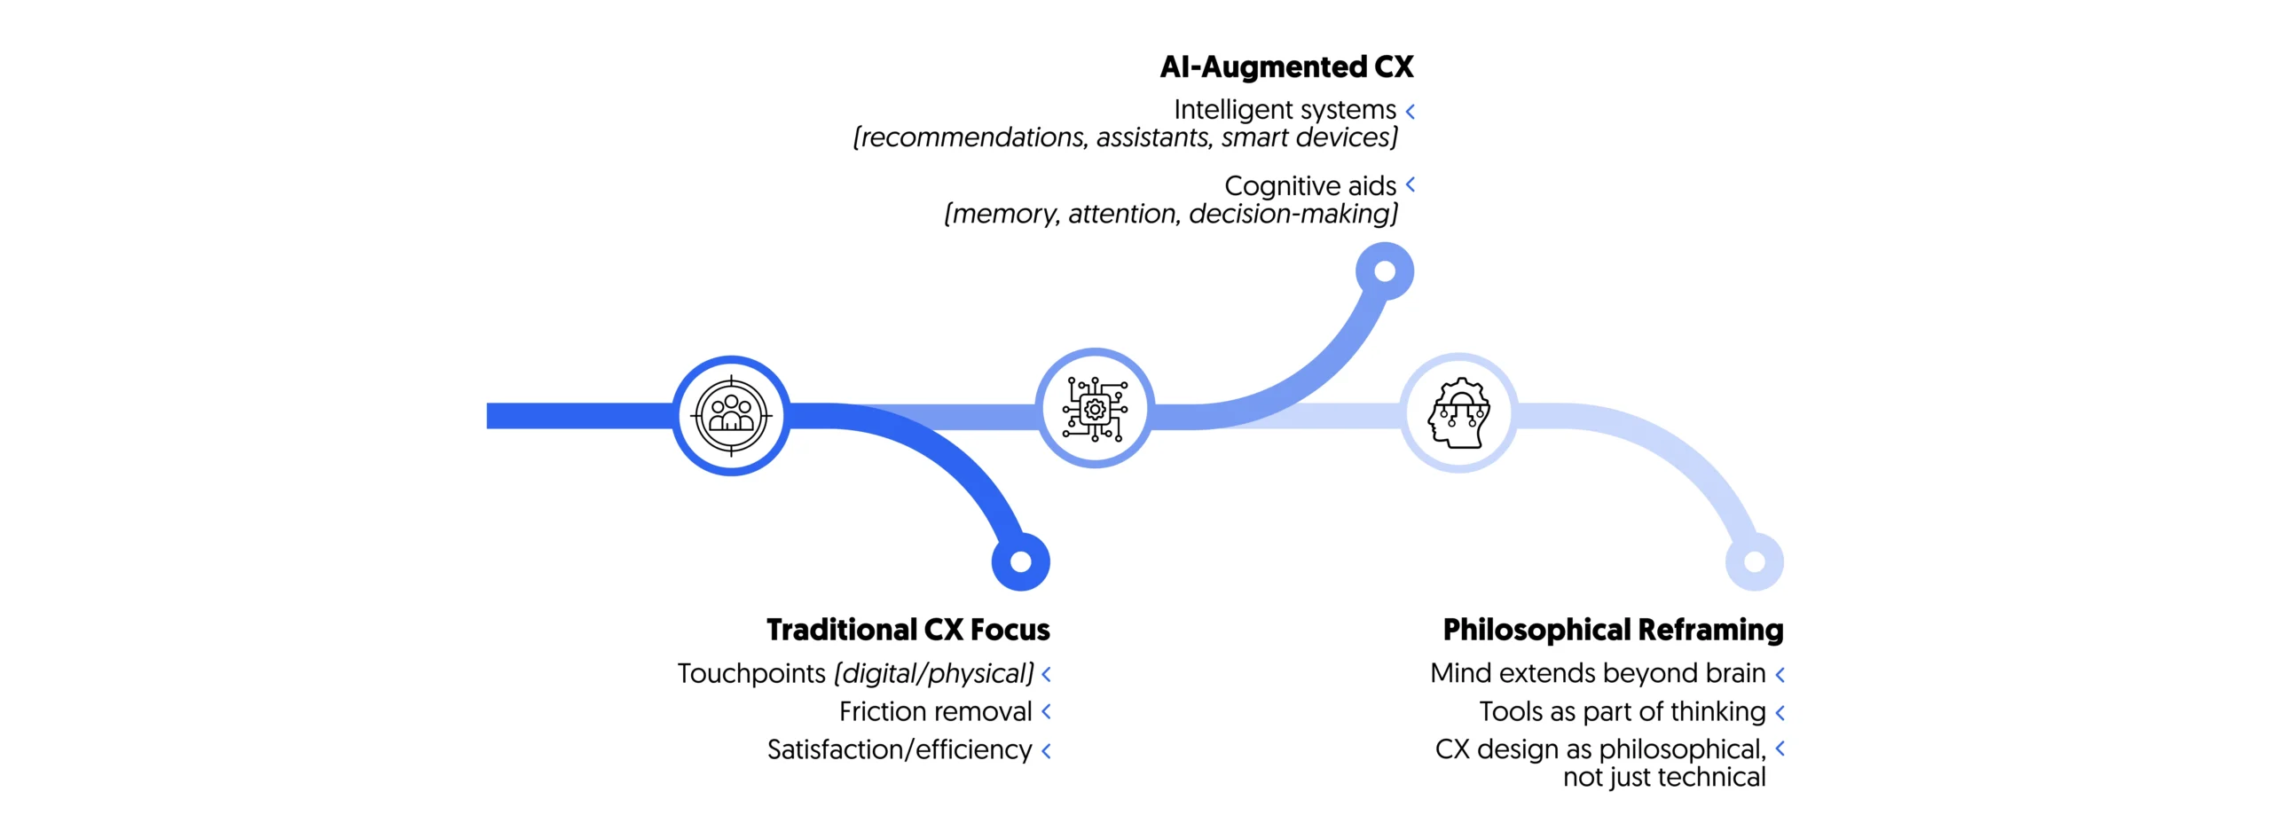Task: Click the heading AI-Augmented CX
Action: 1285,67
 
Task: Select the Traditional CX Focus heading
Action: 908,630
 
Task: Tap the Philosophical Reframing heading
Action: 1612,630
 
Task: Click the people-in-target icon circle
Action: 731,415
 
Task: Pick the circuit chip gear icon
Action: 1095,409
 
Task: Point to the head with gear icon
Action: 1458,413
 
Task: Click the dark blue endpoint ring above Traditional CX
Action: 1020,561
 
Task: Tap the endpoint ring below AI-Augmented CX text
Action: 1384,271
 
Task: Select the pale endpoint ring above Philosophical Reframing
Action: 1754,561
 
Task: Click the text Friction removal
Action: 935,711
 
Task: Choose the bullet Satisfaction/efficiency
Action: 899,750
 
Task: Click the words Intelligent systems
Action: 1284,110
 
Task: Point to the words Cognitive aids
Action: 1309,186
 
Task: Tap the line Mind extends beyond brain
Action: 1597,674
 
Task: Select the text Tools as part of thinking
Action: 1622,712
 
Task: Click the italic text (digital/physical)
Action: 933,674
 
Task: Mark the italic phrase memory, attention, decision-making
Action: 1170,215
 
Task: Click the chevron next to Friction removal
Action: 1046,711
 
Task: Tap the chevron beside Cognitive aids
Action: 1410,184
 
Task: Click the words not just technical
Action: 1663,778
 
